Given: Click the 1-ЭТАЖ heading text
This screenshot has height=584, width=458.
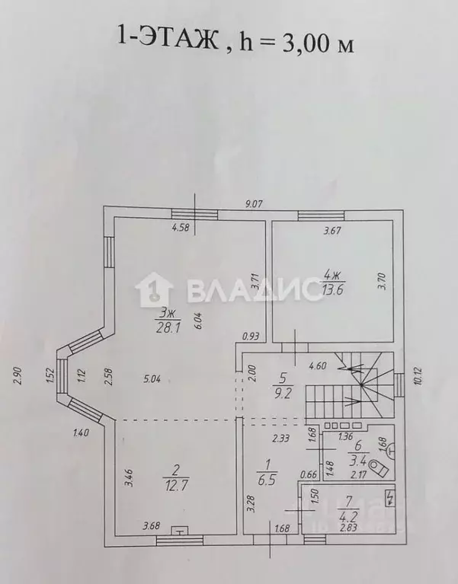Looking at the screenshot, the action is pyautogui.click(x=168, y=40).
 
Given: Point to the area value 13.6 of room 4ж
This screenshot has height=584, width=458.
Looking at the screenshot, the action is pyautogui.click(x=332, y=289).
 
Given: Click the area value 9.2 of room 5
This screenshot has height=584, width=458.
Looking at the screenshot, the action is pyautogui.click(x=283, y=394).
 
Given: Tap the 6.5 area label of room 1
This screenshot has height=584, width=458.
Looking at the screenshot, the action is pyautogui.click(x=267, y=480).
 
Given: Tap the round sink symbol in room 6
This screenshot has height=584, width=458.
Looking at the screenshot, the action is pyautogui.click(x=390, y=449).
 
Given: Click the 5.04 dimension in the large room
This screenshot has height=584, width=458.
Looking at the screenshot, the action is pyautogui.click(x=152, y=379).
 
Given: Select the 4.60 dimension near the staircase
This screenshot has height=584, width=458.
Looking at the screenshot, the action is pyautogui.click(x=318, y=365).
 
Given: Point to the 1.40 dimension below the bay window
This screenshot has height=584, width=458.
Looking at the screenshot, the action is pyautogui.click(x=81, y=432).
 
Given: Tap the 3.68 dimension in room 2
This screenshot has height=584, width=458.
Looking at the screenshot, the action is pyautogui.click(x=152, y=525).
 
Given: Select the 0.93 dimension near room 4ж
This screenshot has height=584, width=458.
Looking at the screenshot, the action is pyautogui.click(x=251, y=337).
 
